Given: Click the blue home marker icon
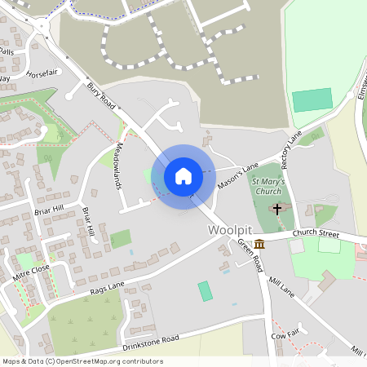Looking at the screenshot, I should pyautogui.click(x=183, y=175).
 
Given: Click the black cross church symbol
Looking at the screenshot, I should pyautogui.click(x=277, y=209).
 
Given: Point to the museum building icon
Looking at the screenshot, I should pyautogui.click(x=259, y=244).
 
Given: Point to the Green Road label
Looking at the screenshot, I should pyautogui.click(x=250, y=255).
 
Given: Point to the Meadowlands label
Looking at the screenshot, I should pyautogui.click(x=119, y=167).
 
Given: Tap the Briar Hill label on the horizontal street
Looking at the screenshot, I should pyautogui.click(x=48, y=208).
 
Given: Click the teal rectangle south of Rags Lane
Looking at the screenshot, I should pyautogui.click(x=205, y=291).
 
